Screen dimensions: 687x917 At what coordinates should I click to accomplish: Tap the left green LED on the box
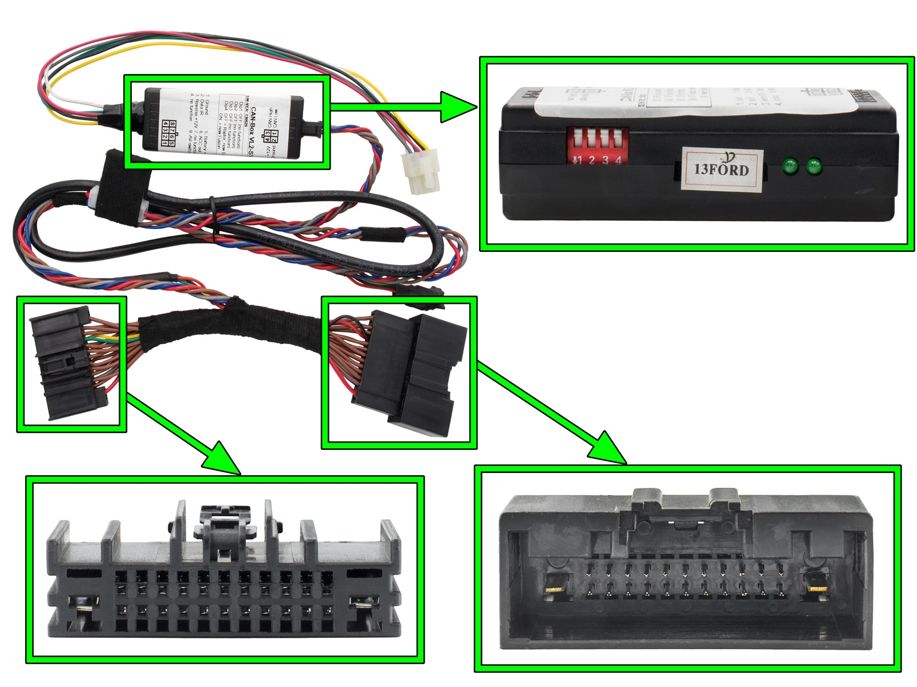pos(790,167)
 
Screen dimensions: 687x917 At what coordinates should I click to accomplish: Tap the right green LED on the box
pos(813,167)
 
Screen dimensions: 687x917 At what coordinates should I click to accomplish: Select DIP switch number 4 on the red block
pos(618,140)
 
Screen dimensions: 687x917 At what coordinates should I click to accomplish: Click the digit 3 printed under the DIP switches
pos(605,161)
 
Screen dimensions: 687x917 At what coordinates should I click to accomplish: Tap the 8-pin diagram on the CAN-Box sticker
pos(168,132)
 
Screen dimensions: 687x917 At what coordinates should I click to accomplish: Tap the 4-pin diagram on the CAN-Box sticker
pos(268,136)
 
